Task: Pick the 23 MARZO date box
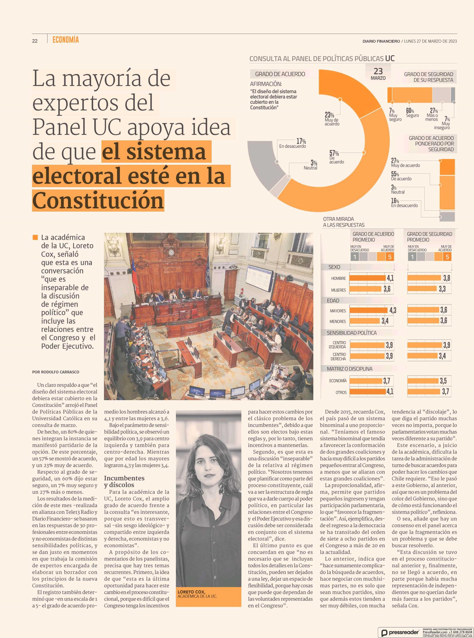click(378, 73)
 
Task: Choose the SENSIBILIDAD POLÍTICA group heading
click(352, 333)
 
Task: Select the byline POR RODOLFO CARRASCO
click(56, 372)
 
